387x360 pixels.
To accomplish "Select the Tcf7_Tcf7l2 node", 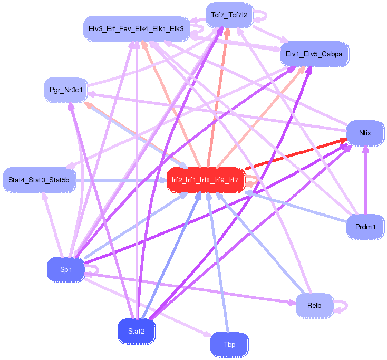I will (x=229, y=15).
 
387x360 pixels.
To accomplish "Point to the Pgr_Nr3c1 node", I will (x=66, y=90).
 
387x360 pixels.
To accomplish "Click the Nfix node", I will (x=365, y=133).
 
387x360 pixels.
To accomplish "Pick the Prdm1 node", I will (x=365, y=227).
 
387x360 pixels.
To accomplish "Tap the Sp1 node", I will (x=65, y=270).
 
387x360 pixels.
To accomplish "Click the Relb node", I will (x=314, y=306).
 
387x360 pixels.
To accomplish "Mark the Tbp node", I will (x=229, y=345).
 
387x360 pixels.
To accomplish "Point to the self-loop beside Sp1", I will (x=94, y=270).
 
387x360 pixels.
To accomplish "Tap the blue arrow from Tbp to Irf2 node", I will (x=219, y=264).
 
